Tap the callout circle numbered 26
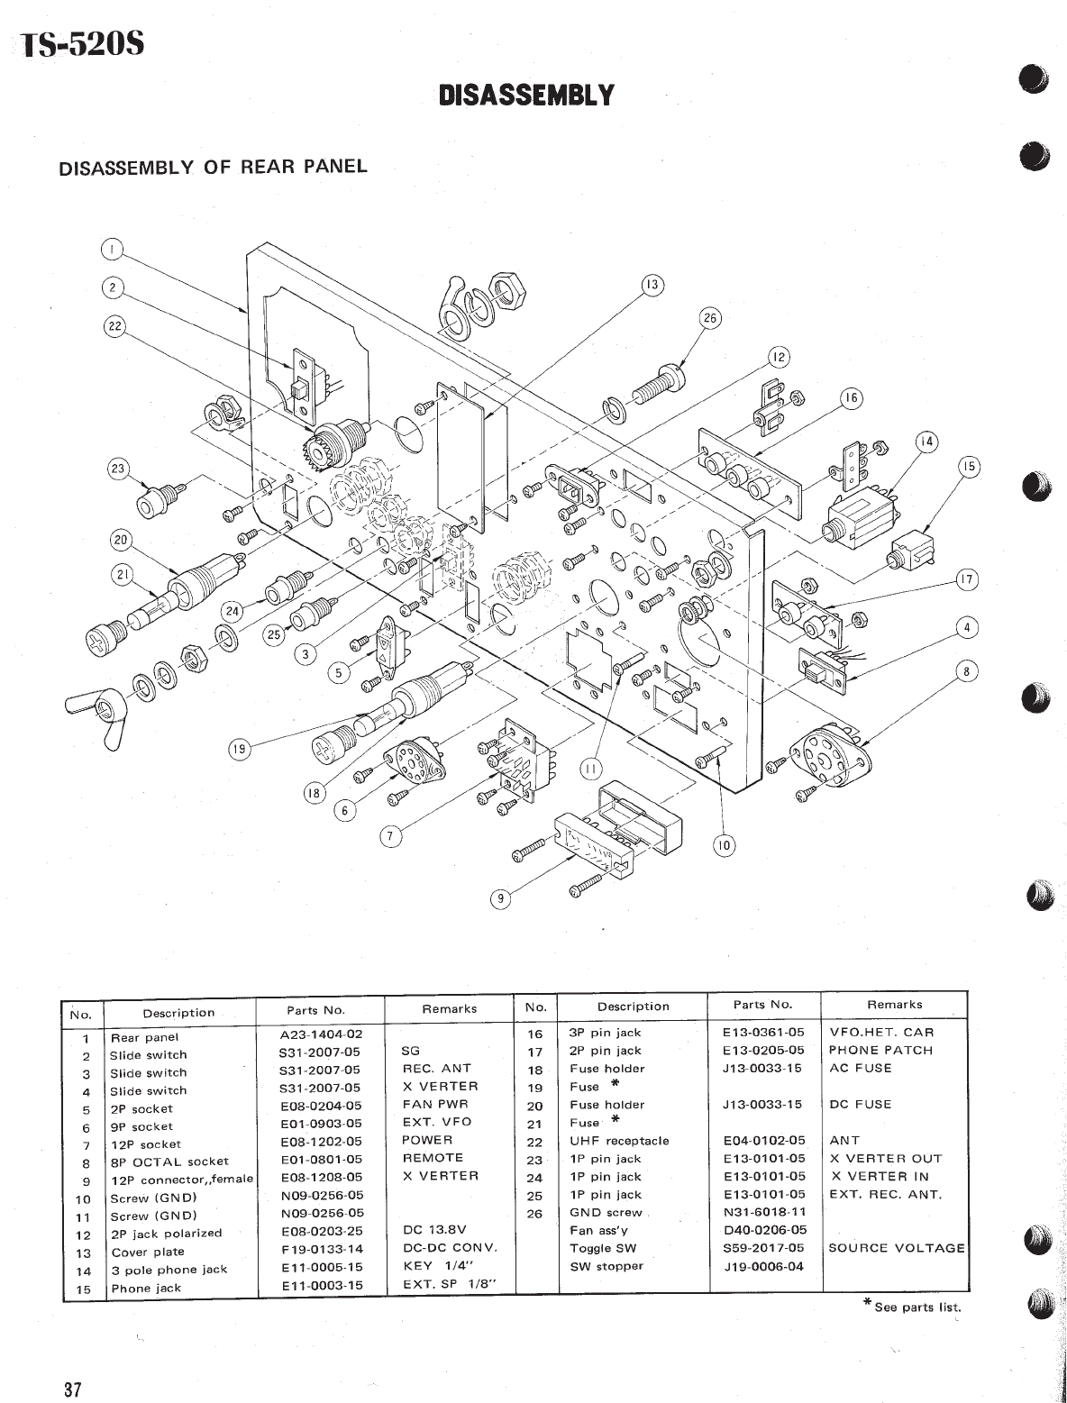[711, 317]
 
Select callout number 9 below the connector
[497, 897]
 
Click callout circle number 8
[967, 670]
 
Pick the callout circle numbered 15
[969, 467]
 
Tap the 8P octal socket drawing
[825, 747]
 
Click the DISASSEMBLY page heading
[526, 95]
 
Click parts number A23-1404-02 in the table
[321, 1035]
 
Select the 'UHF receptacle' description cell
[619, 1141]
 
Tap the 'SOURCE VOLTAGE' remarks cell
[896, 1248]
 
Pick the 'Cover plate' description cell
[148, 1252]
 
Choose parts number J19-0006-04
[764, 1266]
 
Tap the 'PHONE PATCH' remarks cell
[880, 1050]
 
